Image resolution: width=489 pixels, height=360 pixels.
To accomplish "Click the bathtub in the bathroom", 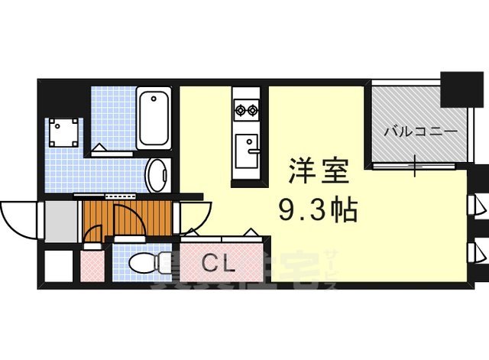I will coord(155,119).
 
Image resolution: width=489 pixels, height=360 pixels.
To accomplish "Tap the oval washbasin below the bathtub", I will coord(159,175).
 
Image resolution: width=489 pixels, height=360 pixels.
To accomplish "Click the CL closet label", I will coord(219,264).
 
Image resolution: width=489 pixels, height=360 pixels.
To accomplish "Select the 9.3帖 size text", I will coord(319,208).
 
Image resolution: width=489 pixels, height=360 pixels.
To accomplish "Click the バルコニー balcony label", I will coord(420,131).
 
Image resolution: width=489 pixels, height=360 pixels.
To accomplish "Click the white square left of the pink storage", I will coord(57,267).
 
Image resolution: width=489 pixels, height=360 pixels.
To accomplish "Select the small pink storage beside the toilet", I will coord(92,268).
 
